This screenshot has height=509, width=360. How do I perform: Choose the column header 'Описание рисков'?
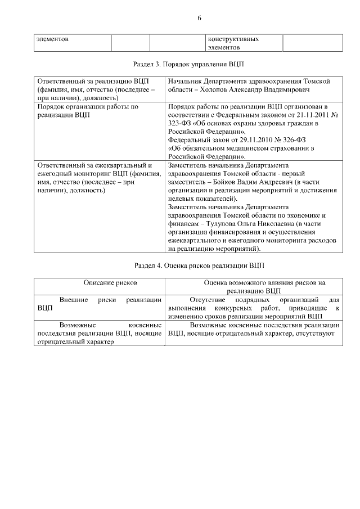111,282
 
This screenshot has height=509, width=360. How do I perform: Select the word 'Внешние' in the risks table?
73,299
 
